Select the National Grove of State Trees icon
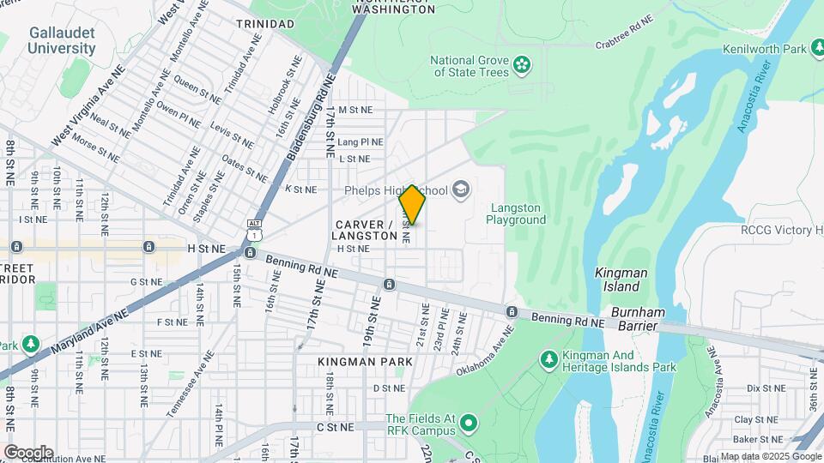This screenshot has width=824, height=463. (520, 64)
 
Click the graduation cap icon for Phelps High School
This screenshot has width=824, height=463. (462, 189)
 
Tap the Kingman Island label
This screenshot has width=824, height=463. (621, 279)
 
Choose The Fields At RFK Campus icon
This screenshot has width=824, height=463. (469, 423)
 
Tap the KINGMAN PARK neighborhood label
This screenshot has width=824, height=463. (365, 362)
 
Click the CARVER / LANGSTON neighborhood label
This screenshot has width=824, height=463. (365, 229)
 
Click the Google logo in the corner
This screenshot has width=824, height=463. (28, 452)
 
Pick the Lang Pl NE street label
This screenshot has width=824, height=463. (360, 141)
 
